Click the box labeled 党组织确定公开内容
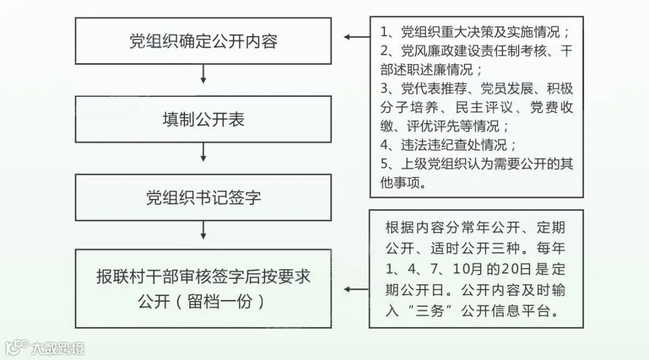(203, 41)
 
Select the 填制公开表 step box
(203, 119)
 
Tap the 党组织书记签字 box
(203, 197)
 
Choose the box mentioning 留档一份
(203, 288)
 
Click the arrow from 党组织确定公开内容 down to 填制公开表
(203, 74)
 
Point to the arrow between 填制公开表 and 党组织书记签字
(203, 152)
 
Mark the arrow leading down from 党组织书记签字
(203, 230)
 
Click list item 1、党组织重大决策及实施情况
(475, 32)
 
